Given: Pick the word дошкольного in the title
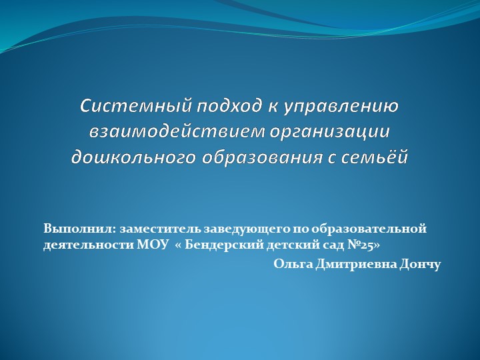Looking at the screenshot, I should pos(133,157).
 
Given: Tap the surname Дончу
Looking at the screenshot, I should pos(420,264).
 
